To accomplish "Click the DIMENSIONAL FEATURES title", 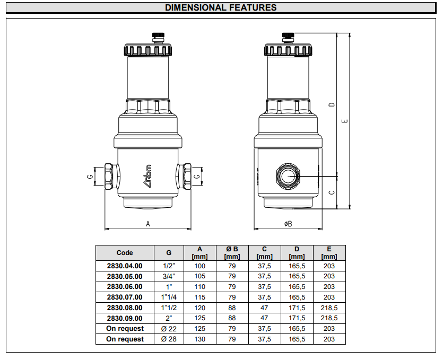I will [x=221, y=7].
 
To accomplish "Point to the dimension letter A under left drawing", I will [x=148, y=224].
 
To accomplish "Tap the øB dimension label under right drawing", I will [x=288, y=224].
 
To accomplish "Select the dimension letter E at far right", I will [x=345, y=121].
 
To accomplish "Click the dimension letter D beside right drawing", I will [x=332, y=104].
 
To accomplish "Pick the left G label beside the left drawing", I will [x=90, y=175].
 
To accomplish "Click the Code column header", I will [x=125, y=253].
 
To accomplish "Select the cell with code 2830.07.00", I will [x=125, y=297].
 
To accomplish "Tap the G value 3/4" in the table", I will [x=169, y=276].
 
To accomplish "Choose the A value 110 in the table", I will [x=199, y=287].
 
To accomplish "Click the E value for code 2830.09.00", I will [x=329, y=318].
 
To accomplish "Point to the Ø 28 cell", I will [x=169, y=339].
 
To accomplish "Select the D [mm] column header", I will [x=297, y=253].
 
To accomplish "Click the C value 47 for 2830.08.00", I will [x=264, y=308].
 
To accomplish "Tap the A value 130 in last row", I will [x=199, y=339].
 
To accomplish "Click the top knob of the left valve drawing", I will [x=158, y=37].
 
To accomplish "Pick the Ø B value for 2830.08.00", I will [x=232, y=308].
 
